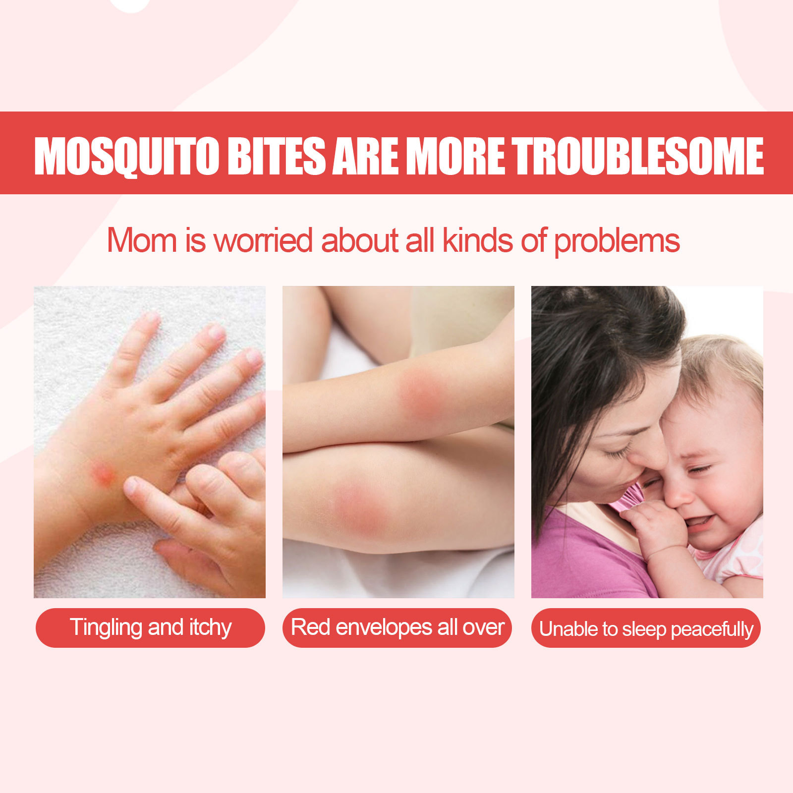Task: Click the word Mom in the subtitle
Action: pyautogui.click(x=142, y=240)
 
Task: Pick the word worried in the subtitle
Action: pyautogui.click(x=264, y=240)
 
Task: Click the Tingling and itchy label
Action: pyautogui.click(x=150, y=627)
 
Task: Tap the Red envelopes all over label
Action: pyautogui.click(x=397, y=627)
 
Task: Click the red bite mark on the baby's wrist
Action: pyautogui.click(x=103, y=473)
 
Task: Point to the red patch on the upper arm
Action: pyautogui.click(x=421, y=394)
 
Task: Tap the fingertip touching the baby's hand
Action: pyautogui.click(x=130, y=486)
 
